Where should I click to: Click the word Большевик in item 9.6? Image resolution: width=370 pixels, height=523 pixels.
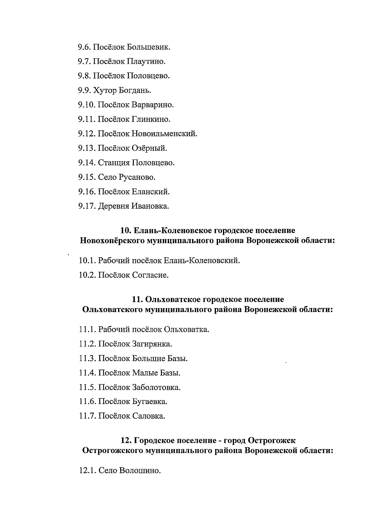[149, 47]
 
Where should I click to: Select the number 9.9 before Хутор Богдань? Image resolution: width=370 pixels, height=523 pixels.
[84, 90]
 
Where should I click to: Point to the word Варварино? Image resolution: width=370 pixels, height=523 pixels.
[153, 105]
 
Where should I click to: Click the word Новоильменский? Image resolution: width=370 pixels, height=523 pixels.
[164, 134]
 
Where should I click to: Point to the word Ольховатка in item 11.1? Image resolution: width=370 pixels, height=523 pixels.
[186, 329]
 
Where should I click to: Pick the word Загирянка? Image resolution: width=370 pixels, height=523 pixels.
[152, 344]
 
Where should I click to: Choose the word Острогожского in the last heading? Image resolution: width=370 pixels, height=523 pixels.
[113, 451]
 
